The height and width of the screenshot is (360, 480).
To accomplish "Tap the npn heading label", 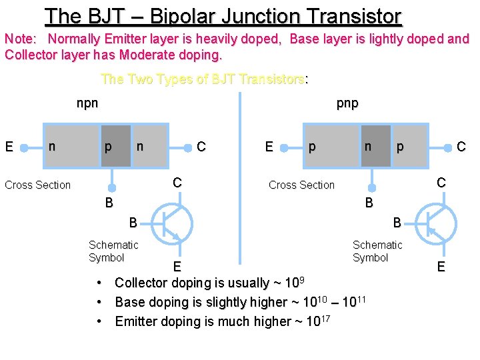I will (x=87, y=103).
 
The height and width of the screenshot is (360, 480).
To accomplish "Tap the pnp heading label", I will (x=347, y=103).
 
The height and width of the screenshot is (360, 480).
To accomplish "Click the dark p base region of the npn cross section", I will (x=115, y=145).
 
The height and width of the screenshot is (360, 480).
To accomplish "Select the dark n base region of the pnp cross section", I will (x=376, y=145).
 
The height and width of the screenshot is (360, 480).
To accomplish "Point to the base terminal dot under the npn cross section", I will (x=114, y=187).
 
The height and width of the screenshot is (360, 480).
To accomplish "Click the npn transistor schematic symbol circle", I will (x=172, y=223).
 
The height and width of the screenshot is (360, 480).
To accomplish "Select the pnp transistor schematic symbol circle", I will (x=436, y=223).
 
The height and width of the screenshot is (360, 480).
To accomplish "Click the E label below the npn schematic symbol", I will (x=177, y=267).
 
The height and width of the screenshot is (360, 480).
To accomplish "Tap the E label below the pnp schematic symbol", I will (x=441, y=267).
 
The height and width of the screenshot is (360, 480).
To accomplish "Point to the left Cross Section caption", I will (x=37, y=185).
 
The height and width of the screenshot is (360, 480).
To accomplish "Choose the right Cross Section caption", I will (x=301, y=185).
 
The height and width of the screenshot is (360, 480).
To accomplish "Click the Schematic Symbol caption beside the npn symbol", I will (x=113, y=251).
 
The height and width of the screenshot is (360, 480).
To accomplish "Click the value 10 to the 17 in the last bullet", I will (x=317, y=321).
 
